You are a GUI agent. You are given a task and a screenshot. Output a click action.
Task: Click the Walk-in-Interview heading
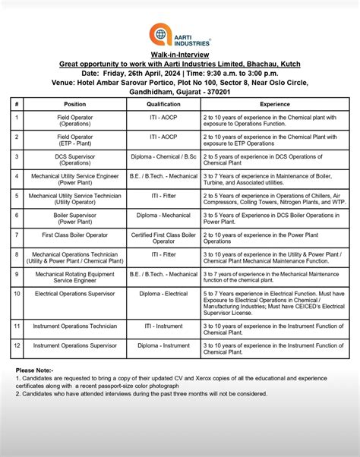[179, 55]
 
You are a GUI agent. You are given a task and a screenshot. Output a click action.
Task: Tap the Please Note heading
[34, 370]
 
